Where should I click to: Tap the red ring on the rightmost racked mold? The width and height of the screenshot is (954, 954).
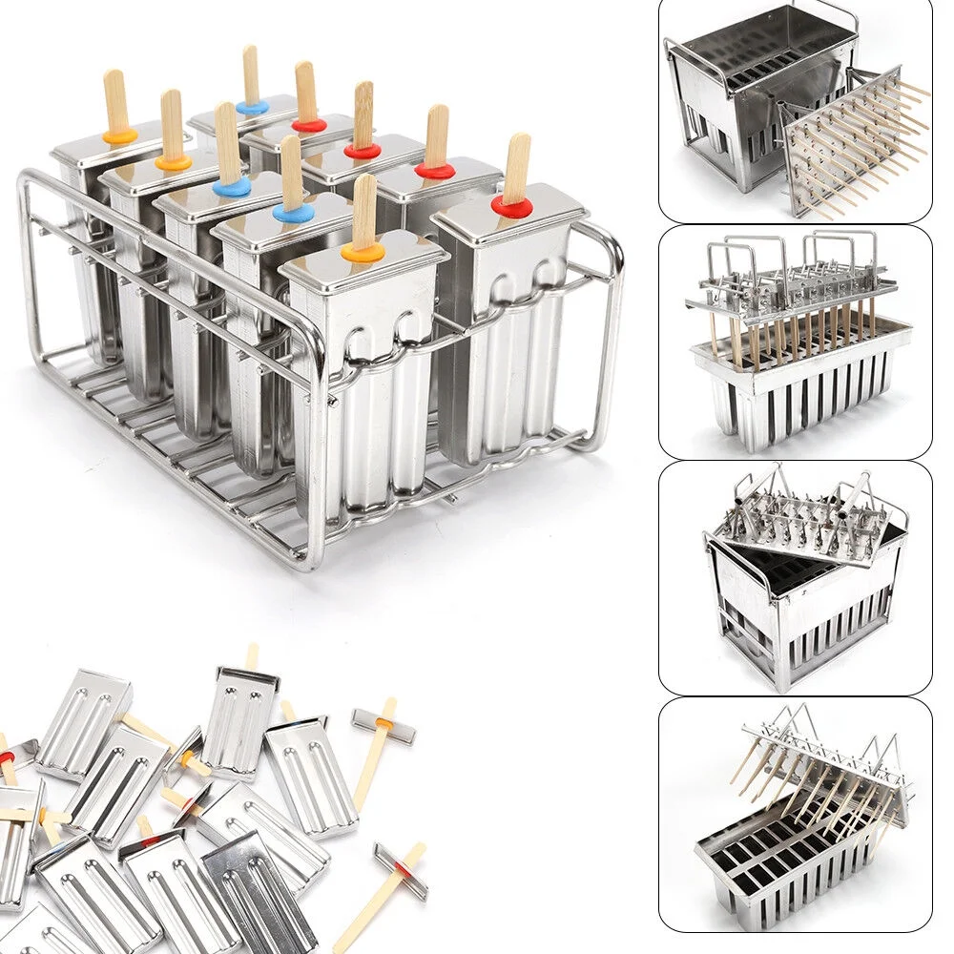[x=511, y=206]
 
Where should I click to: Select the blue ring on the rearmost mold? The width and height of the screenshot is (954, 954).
[x=252, y=107]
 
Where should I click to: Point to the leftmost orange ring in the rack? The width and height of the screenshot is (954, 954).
[x=119, y=136]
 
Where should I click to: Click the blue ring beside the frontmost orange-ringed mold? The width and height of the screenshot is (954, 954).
[x=293, y=213]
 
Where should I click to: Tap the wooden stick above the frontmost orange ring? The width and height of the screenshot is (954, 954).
[x=364, y=210]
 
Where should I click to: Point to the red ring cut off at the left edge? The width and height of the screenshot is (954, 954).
[x=6, y=757]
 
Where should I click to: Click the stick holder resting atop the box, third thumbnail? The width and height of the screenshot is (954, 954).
[x=801, y=520]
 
